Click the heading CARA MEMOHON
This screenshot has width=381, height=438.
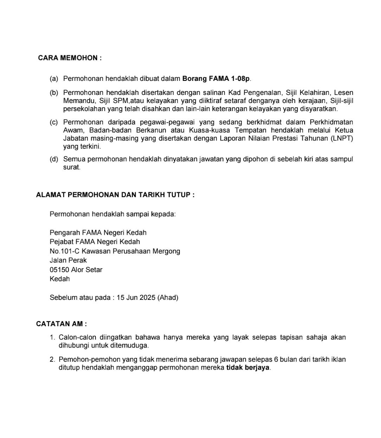click(70, 58)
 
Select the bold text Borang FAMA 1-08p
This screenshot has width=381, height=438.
click(216, 78)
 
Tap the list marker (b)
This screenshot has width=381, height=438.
click(54, 93)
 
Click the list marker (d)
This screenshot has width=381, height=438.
click(54, 159)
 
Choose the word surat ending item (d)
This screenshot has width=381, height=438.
click(71, 167)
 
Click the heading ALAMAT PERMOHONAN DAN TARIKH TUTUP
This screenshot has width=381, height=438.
click(115, 195)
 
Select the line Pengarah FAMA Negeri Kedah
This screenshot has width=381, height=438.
click(98, 233)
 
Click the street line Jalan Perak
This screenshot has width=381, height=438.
click(68, 260)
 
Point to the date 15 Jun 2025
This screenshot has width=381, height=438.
click(136, 298)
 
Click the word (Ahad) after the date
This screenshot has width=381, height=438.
click(168, 298)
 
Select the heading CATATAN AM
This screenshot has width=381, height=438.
click(61, 324)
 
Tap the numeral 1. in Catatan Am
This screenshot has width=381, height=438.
click(52, 338)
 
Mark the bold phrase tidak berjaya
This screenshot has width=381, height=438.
click(248, 368)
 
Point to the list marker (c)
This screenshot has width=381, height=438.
click(54, 122)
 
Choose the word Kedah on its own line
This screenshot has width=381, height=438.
click(60, 279)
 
